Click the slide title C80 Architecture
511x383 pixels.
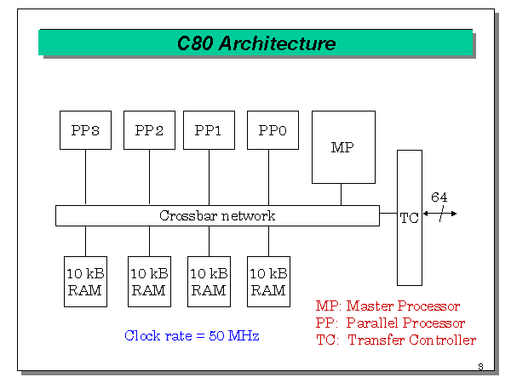[x=255, y=43]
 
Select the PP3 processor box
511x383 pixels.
[x=85, y=130]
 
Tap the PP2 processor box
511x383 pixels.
[x=149, y=130]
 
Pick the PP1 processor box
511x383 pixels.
[x=209, y=130]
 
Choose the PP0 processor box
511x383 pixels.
[x=273, y=130]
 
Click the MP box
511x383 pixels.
[x=342, y=147]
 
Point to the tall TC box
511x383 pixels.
[x=409, y=217]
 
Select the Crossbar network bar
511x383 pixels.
[x=217, y=216]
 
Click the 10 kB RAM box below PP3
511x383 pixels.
[x=85, y=282]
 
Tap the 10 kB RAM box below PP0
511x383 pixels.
[x=268, y=282]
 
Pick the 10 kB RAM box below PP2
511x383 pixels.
[x=149, y=282]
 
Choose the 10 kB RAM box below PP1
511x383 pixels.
[x=209, y=282]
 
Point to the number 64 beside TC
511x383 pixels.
[x=439, y=197]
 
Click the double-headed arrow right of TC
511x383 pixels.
[x=440, y=213]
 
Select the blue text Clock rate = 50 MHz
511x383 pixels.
[x=192, y=335]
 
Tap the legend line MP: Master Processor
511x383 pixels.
[x=388, y=306]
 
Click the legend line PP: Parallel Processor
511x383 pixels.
[x=390, y=323]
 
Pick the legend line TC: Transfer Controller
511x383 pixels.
[x=395, y=340]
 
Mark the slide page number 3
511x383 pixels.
[x=480, y=367]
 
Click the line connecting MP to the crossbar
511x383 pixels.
[x=342, y=195]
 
